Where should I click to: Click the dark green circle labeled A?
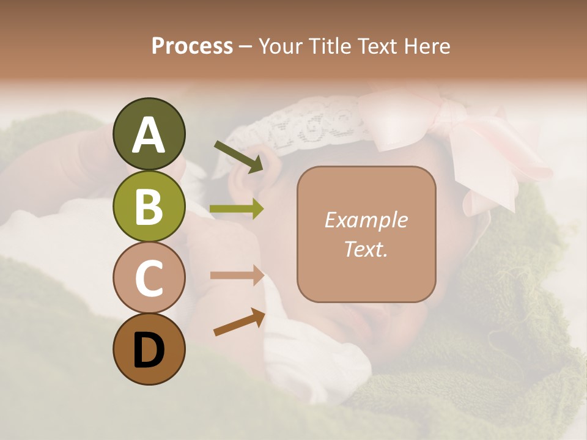tap(149, 134)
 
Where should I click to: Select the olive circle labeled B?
tap(149, 206)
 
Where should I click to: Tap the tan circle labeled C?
tap(149, 277)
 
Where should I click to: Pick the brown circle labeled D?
tap(149, 349)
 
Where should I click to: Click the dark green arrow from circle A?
tap(238, 156)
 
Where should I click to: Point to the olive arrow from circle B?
tap(237, 209)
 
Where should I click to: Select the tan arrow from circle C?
tap(237, 276)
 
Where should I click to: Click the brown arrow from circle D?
tap(239, 322)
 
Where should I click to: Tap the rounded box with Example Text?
tap(366, 234)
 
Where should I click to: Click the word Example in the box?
tap(366, 220)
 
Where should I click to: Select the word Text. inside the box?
tap(366, 249)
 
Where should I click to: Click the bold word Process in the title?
tap(192, 46)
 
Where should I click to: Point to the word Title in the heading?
tap(331, 46)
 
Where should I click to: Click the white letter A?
tap(149, 136)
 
